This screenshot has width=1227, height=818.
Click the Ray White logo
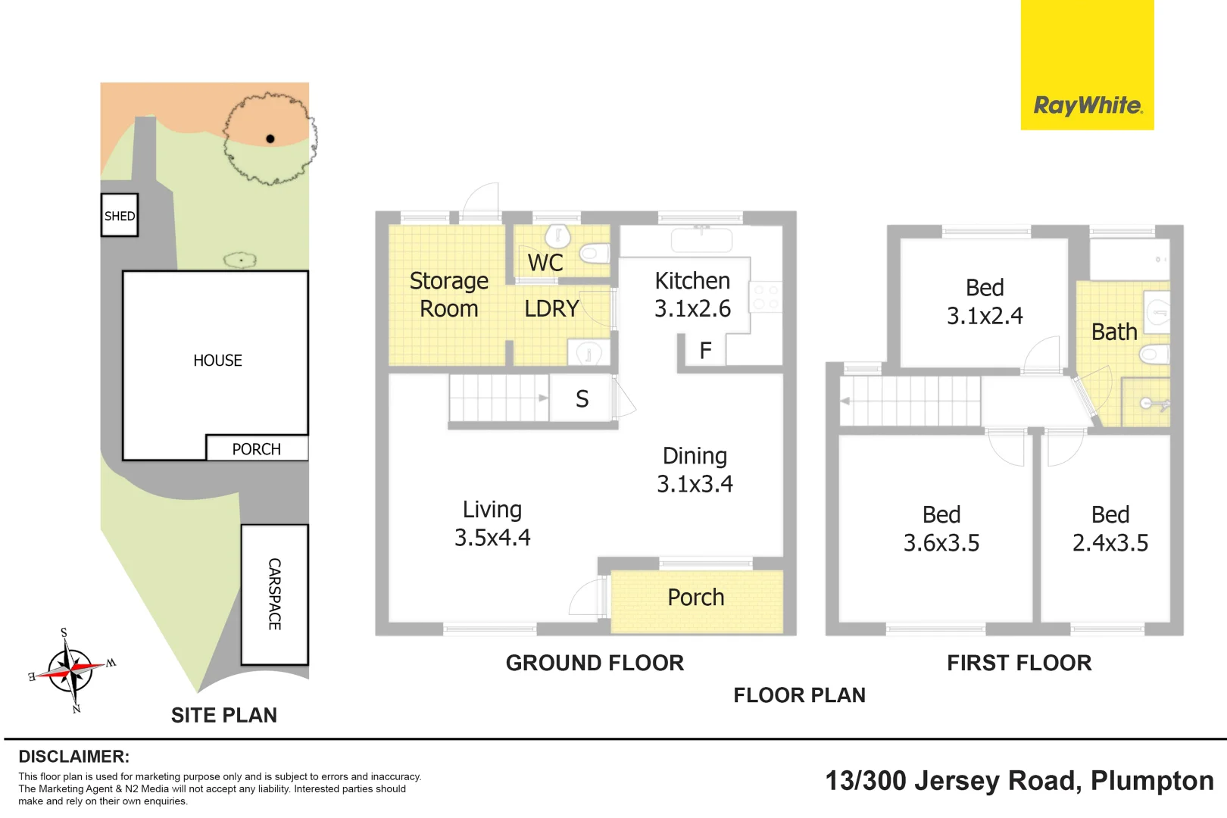[1088, 64]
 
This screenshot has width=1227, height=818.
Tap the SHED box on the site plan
[120, 215]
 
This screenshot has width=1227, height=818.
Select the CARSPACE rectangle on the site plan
[275, 595]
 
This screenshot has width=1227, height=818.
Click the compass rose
[72, 670]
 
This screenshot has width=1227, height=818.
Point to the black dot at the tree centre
[270, 139]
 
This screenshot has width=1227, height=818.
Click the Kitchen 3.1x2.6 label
[692, 295]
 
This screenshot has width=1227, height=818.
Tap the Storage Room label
[448, 295]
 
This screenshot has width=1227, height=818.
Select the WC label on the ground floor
[545, 262]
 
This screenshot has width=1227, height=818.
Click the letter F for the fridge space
[706, 350]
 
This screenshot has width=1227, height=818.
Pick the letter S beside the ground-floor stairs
[582, 399]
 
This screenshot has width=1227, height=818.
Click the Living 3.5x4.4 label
[492, 523]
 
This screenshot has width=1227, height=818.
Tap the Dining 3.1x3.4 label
[695, 470]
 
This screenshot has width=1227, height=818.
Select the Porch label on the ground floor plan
[695, 597]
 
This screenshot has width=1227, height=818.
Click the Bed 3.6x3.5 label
[941, 529]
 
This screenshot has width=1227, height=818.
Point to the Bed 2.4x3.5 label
[1110, 529]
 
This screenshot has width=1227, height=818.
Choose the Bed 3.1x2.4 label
[985, 301]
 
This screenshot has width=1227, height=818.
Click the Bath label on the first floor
[1114, 332]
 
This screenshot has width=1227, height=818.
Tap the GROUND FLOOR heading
[595, 663]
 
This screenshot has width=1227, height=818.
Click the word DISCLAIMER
[74, 757]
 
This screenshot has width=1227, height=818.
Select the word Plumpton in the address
[1153, 781]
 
